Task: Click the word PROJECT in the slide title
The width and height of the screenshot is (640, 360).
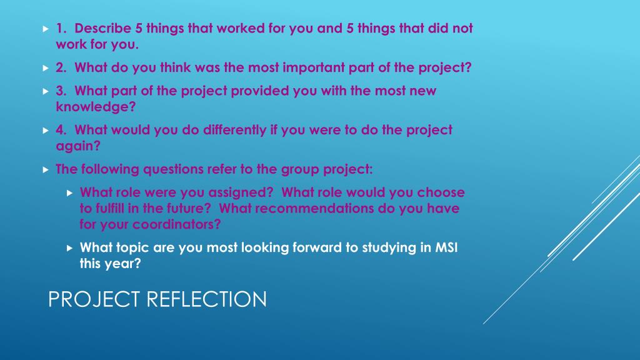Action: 94,299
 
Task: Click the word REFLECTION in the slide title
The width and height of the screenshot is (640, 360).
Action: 206,299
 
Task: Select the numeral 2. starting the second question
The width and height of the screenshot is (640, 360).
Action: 61,67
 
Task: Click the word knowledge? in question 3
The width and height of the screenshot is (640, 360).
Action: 96,107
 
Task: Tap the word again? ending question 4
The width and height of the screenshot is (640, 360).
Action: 78,146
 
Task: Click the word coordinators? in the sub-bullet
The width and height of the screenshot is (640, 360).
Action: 177,224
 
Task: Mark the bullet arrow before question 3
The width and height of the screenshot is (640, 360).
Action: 46,91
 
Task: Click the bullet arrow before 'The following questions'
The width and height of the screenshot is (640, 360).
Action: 46,170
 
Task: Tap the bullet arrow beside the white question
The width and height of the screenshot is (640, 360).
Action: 70,248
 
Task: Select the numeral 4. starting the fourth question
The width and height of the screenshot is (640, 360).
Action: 61,130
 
